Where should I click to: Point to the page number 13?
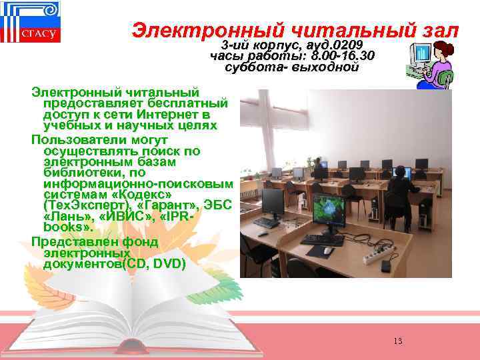coord(398,341)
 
